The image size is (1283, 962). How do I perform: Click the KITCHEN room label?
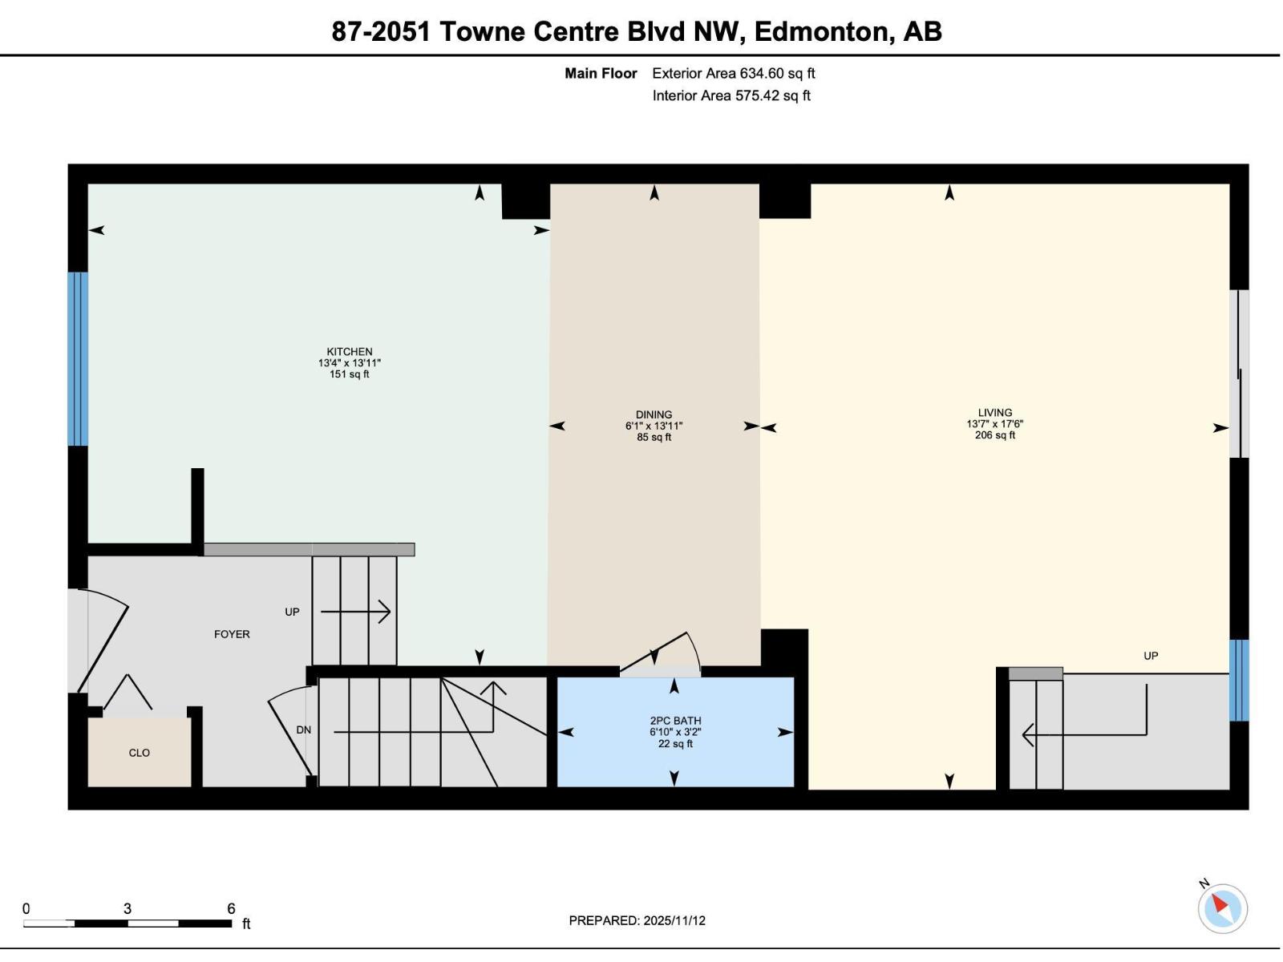pyautogui.click(x=349, y=351)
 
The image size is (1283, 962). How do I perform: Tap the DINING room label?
pyautogui.click(x=654, y=414)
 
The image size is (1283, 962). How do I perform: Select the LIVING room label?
pyautogui.click(x=994, y=412)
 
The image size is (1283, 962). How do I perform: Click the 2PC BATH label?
pyautogui.click(x=675, y=721)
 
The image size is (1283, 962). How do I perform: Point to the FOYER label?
pyautogui.click(x=232, y=634)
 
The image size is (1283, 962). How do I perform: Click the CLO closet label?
pyautogui.click(x=139, y=753)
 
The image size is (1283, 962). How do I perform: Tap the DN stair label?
pyautogui.click(x=303, y=730)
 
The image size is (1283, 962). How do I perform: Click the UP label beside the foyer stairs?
pyautogui.click(x=292, y=612)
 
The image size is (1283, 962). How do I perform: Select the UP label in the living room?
pyautogui.click(x=1151, y=656)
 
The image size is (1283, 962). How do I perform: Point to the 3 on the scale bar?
pyautogui.click(x=127, y=908)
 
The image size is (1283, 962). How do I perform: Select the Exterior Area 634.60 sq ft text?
pyautogui.click(x=733, y=73)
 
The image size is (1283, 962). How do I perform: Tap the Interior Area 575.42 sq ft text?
pyautogui.click(x=731, y=95)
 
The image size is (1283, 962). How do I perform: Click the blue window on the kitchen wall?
pyautogui.click(x=78, y=358)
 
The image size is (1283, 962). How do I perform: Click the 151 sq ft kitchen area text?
pyautogui.click(x=349, y=374)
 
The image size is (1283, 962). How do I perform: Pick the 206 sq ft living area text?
pyautogui.click(x=994, y=435)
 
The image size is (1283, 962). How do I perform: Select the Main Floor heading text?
pyautogui.click(x=601, y=73)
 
